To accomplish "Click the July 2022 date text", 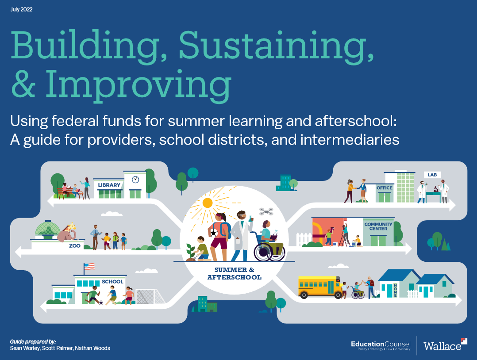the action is (x=21, y=9).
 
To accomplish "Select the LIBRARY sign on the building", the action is (x=109, y=185).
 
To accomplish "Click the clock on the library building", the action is (x=135, y=180).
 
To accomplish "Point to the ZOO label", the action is (x=74, y=246).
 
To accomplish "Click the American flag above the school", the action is (x=89, y=267).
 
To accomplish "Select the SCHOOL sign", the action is (x=112, y=282).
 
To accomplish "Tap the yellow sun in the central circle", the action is (x=207, y=203).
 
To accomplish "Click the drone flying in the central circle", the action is (x=266, y=211).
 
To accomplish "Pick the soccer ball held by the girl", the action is (x=214, y=233).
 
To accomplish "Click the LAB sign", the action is (x=432, y=175).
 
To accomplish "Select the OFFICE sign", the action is (x=385, y=188).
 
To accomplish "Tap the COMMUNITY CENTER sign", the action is (x=378, y=226).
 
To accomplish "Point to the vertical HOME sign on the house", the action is (x=395, y=290).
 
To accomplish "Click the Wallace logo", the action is (x=445, y=345).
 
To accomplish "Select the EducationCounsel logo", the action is (x=381, y=345).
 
